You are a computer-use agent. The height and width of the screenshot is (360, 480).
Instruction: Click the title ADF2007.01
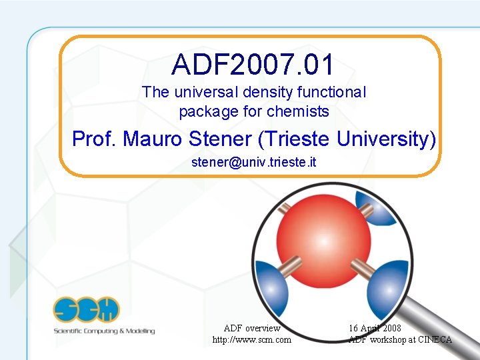[x=253, y=65]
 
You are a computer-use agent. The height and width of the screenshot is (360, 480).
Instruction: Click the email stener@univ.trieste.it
[x=253, y=161]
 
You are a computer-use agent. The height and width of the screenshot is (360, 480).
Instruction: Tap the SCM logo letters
[x=87, y=310]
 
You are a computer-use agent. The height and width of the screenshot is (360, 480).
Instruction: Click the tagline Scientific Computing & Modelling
[x=105, y=331]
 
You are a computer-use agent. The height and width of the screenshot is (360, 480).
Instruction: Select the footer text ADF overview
[x=252, y=328]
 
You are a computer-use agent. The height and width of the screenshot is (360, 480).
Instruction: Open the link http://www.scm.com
[x=252, y=340]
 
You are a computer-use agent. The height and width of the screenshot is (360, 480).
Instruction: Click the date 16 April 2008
[x=375, y=328]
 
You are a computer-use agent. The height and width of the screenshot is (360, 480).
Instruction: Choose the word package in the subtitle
[x=203, y=111]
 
